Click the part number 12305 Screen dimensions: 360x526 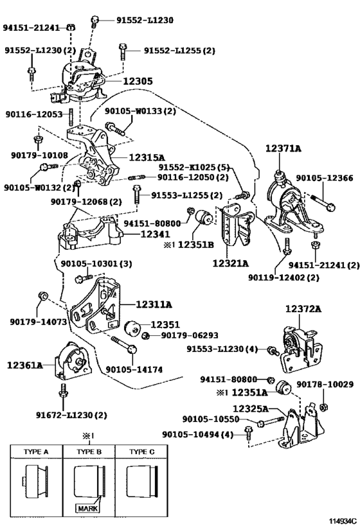tap(138, 81)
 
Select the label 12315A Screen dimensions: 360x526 tap(147, 157)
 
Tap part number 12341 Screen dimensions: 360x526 tap(155, 234)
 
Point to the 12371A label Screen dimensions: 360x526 tap(283, 148)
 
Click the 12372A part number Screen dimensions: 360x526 tap(303, 309)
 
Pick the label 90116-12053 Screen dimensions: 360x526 tap(34, 114)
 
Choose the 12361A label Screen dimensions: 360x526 tap(25, 365)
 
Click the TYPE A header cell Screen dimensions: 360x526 tap(36, 452)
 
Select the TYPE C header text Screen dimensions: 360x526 tap(142, 452)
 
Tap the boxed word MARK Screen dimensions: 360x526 tap(87, 509)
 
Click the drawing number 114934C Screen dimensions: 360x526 tap(342, 521)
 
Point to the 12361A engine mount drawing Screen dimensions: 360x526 tap(73, 361)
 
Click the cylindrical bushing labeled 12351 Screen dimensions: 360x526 tap(132, 328)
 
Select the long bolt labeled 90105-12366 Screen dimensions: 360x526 tap(320, 202)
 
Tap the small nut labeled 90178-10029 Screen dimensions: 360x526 tap(324, 408)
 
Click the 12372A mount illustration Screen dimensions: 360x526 tap(301, 350)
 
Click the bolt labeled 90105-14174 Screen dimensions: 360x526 tap(124, 345)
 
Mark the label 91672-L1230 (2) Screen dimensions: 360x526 tap(71, 416)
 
